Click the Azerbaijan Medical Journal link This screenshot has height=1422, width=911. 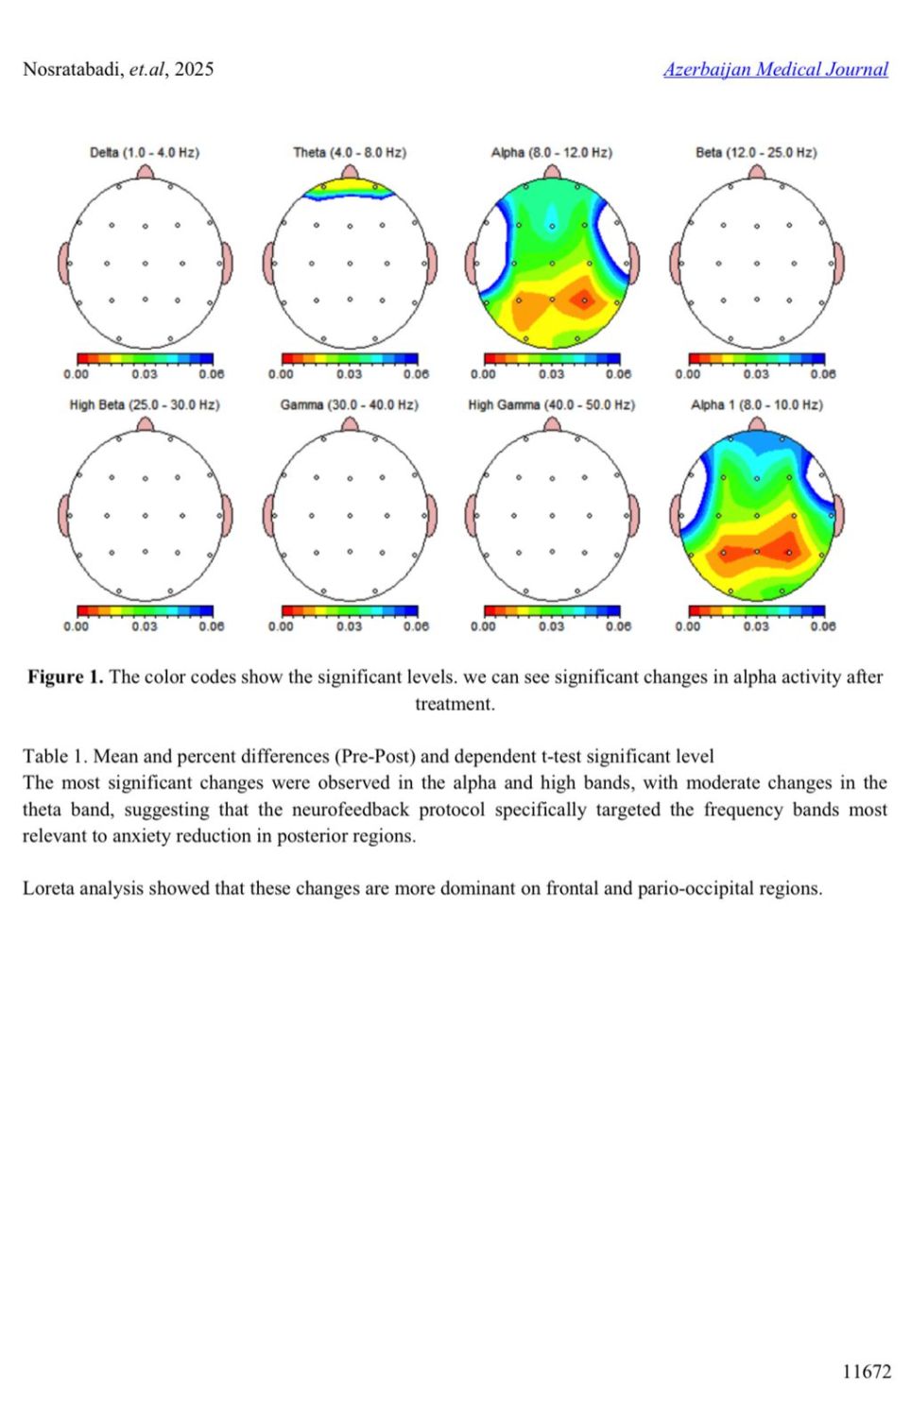(775, 69)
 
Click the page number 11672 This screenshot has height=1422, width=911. (866, 1371)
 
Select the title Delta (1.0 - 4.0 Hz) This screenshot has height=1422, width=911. (145, 152)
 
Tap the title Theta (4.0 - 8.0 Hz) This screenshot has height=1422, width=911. (349, 152)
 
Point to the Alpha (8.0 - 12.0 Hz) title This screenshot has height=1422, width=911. (551, 152)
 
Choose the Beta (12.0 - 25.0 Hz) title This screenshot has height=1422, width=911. (756, 152)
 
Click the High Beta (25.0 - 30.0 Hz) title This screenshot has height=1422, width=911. (145, 404)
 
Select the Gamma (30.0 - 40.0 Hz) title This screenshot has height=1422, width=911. (349, 404)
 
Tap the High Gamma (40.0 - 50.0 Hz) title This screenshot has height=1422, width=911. (551, 404)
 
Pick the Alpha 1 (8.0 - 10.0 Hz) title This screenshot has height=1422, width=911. (756, 404)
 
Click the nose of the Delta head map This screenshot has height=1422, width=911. (145, 172)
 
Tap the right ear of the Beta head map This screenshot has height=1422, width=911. (838, 264)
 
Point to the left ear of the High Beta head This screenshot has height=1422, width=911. (64, 516)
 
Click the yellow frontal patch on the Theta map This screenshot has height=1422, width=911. (349, 186)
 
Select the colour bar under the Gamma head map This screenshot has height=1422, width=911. (349, 611)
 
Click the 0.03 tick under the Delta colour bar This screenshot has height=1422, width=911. (145, 374)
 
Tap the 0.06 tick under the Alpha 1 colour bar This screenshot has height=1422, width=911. (822, 626)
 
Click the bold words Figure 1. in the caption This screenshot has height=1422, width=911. (65, 677)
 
